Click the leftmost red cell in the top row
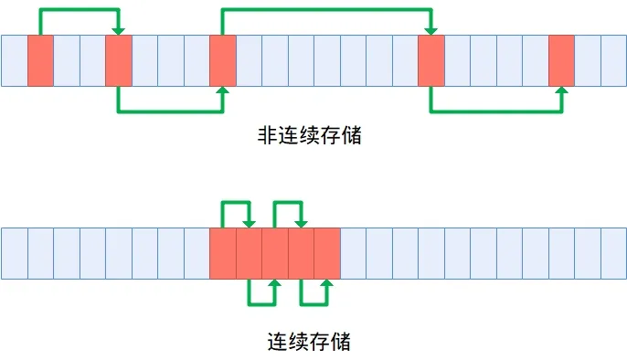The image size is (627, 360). pyautogui.click(x=40, y=61)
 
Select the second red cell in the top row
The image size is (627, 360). pyautogui.click(x=119, y=61)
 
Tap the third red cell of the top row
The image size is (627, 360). pyautogui.click(x=223, y=61)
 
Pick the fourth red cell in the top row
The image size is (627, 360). pyautogui.click(x=430, y=61)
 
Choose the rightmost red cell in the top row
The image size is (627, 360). pyautogui.click(x=561, y=61)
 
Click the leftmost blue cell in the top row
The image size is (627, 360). pyautogui.click(x=15, y=61)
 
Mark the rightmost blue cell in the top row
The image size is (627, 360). pyautogui.click(x=613, y=61)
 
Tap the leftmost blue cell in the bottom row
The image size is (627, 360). pyautogui.click(x=15, y=253)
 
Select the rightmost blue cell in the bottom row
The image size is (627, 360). pyautogui.click(x=613, y=253)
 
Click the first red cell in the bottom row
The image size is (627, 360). pyautogui.click(x=223, y=253)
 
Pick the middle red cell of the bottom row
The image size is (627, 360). pyautogui.click(x=275, y=253)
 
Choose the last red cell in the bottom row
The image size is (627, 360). pyautogui.click(x=327, y=253)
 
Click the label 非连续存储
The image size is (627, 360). pyautogui.click(x=308, y=136)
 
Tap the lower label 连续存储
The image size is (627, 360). pyautogui.click(x=308, y=343)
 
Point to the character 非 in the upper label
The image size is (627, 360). pyautogui.click(x=266, y=136)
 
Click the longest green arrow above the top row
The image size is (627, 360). pyautogui.click(x=326, y=10)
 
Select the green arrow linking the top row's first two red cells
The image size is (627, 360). pyautogui.click(x=80, y=10)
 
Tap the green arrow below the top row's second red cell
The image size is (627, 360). pyautogui.click(x=171, y=111)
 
